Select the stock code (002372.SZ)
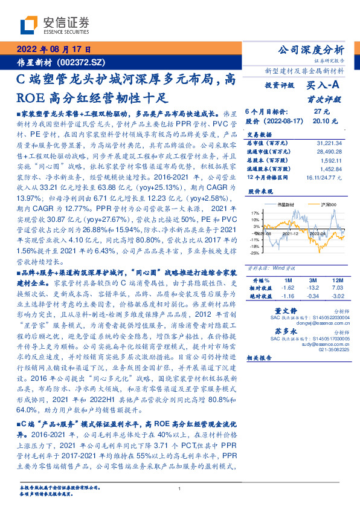82,62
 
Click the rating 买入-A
324,86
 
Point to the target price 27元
321,112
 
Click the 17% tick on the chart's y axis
255,213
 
